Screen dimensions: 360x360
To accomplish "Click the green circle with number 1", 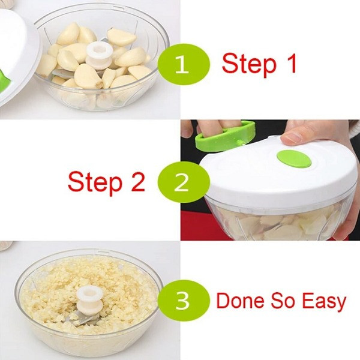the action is (184, 64).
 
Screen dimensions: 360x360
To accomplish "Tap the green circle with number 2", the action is (184, 182).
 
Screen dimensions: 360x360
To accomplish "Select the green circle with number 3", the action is (184, 301).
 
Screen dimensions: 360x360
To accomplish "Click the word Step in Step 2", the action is (95, 182).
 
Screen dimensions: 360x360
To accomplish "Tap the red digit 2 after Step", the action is (137, 181).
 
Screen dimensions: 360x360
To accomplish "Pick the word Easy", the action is (324, 302).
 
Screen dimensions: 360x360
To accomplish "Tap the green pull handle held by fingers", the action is (225, 137).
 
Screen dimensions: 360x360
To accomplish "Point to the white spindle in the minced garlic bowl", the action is (90, 299).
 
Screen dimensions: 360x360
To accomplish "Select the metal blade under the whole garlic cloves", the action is (64, 74).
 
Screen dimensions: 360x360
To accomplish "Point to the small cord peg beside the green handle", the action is (241, 143).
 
